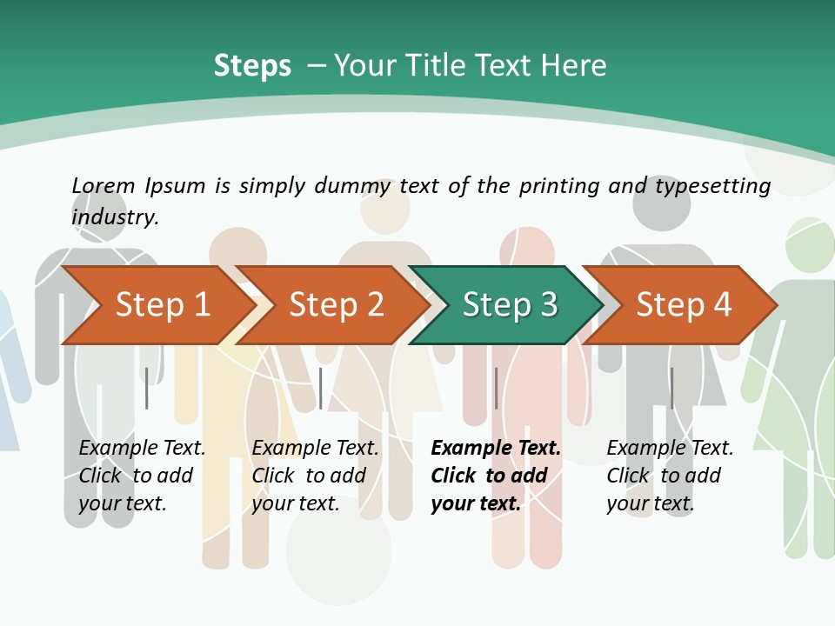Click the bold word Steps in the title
point(252,66)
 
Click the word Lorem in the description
point(104,185)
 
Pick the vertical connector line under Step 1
point(147,388)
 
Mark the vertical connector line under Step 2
point(321,388)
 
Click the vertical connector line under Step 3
point(496,388)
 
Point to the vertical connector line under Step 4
point(671,388)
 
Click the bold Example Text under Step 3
point(496,449)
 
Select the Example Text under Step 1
point(142,449)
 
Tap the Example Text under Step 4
point(670,449)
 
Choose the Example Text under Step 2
point(315,449)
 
